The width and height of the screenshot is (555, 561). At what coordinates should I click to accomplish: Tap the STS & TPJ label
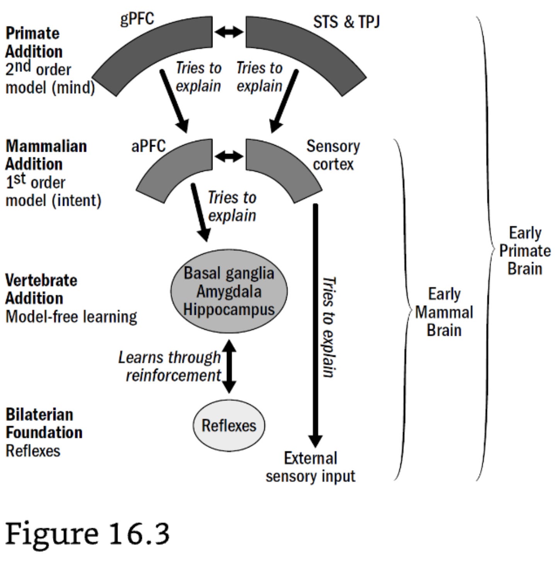click(x=346, y=22)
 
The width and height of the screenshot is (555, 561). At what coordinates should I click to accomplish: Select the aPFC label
click(x=148, y=146)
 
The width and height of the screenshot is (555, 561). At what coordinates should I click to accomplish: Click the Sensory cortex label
click(x=333, y=155)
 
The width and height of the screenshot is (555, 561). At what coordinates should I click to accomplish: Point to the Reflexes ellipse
click(x=229, y=425)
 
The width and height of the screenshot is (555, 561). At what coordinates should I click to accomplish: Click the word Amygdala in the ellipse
click(x=229, y=291)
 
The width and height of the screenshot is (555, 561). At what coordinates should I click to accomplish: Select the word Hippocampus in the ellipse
click(x=229, y=309)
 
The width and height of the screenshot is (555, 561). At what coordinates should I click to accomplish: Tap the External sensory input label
click(x=310, y=467)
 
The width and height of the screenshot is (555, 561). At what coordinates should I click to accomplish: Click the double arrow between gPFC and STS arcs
click(x=229, y=32)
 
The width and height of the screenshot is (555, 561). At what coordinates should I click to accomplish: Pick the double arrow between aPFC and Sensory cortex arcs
click(x=229, y=156)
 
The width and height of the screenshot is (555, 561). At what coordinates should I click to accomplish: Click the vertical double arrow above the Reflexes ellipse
click(x=229, y=366)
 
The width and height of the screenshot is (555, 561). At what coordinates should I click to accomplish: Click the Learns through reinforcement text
click(x=170, y=366)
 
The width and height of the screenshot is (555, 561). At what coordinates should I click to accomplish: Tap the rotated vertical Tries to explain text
click(x=329, y=327)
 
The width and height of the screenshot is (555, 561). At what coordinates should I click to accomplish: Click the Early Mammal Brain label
click(x=444, y=312)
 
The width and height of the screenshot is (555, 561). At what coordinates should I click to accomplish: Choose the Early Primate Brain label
click(x=524, y=251)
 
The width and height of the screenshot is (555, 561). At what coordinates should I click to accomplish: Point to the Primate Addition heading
click(x=34, y=42)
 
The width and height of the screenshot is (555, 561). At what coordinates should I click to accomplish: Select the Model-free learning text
click(x=71, y=316)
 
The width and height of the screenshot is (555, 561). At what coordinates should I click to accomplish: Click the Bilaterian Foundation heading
click(x=44, y=423)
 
